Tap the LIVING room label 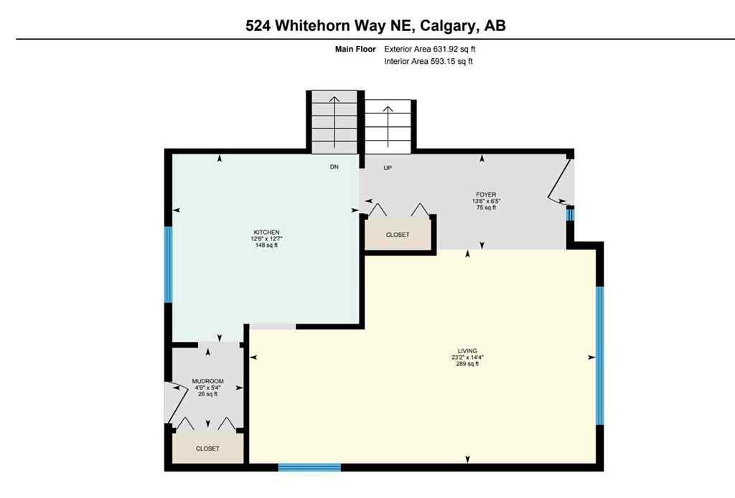click(467, 350)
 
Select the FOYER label click(486, 194)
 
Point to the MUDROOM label click(207, 381)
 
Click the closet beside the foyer click(398, 235)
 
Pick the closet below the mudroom click(207, 448)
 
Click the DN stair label click(334, 167)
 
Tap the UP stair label click(388, 168)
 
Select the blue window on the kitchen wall click(169, 264)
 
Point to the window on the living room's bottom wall click(309, 467)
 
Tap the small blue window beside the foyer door click(571, 213)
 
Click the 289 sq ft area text click(467, 364)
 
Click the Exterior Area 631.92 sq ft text click(429, 50)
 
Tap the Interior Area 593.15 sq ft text click(429, 62)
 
